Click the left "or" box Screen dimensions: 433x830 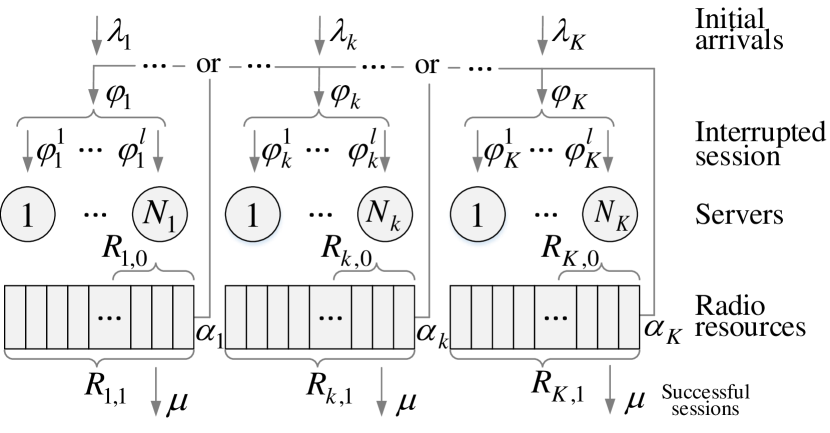tap(208, 66)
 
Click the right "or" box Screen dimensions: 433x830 tap(427, 66)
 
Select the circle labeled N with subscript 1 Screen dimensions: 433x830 tap(159, 214)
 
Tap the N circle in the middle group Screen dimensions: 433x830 tap(384, 214)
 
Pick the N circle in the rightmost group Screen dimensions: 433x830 tap(610, 214)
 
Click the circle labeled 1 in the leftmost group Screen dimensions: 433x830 tap(27, 214)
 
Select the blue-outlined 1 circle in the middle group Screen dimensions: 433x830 tap(253, 214)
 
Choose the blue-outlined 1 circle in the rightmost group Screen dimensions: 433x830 tap(477, 214)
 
